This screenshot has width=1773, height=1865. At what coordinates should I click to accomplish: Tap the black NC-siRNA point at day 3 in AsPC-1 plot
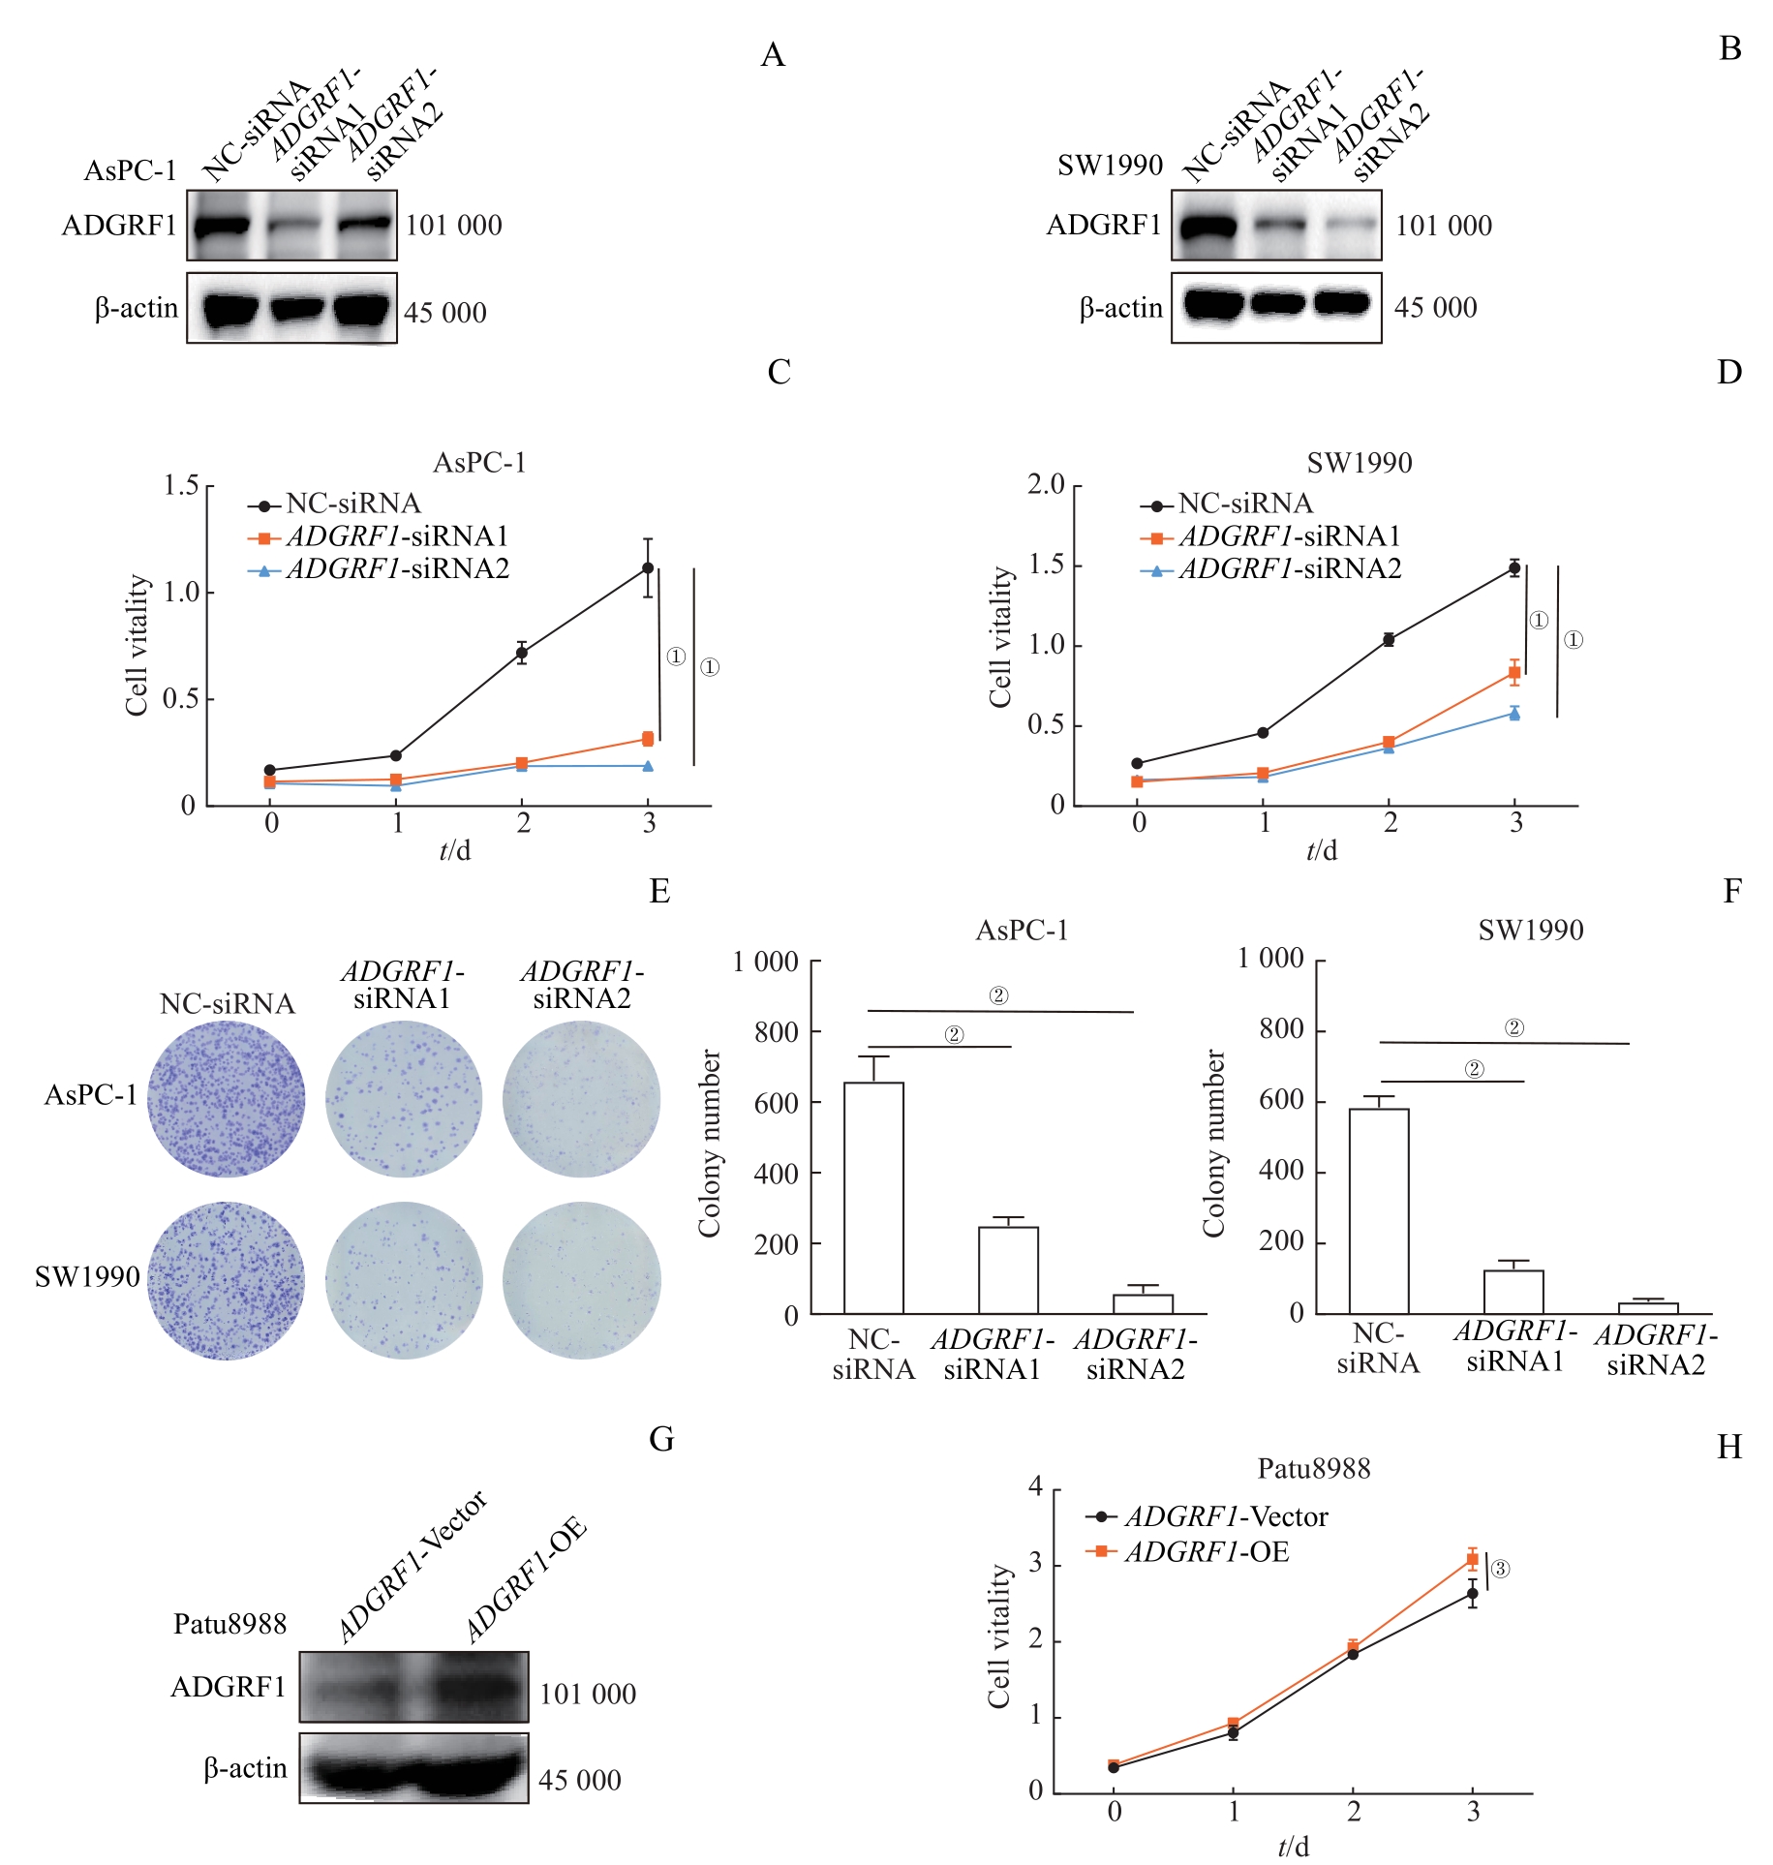(x=648, y=568)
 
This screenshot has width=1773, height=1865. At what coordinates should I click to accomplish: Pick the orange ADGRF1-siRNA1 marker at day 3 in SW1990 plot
(x=1514, y=672)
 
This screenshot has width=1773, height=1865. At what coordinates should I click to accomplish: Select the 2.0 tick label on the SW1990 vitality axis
(x=1046, y=484)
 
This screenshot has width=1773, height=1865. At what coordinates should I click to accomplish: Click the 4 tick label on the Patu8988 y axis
(x=1036, y=1486)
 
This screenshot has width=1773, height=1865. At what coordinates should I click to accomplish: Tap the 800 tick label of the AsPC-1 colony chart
(x=777, y=1032)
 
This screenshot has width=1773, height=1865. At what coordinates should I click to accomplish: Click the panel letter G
(x=662, y=1439)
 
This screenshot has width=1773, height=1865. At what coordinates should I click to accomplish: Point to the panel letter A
(x=772, y=55)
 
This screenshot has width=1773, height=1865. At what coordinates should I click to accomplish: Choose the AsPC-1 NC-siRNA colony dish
(x=227, y=1099)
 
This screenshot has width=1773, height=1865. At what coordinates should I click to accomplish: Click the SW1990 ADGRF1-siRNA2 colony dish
(x=582, y=1280)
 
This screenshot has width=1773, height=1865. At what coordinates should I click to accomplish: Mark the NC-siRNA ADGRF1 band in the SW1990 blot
(x=1207, y=227)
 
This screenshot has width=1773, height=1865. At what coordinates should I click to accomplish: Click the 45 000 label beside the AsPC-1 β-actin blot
(x=444, y=313)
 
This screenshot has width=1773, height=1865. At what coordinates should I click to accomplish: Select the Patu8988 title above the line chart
(x=1313, y=1469)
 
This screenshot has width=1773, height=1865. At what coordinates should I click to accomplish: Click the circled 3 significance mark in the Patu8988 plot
(x=1500, y=1569)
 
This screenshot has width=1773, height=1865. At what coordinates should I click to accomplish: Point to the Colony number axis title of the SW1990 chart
(x=1213, y=1143)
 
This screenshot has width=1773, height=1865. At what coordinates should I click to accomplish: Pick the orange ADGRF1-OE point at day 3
(x=1473, y=1559)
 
